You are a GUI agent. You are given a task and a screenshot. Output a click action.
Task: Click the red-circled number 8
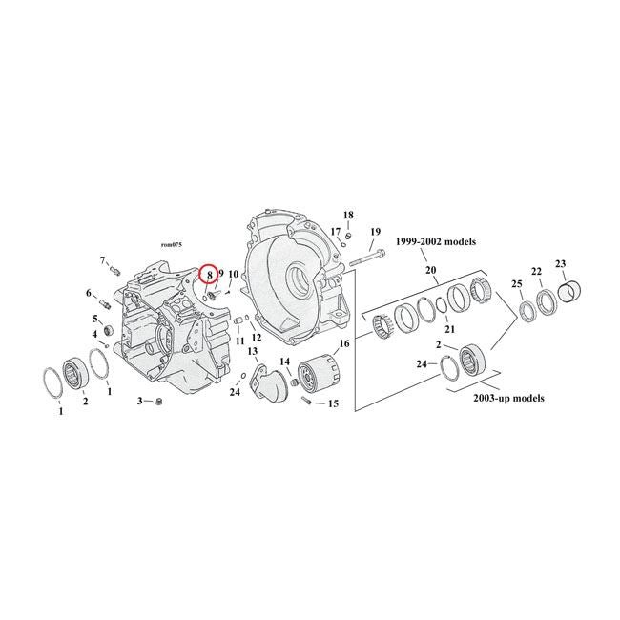pos(209,275)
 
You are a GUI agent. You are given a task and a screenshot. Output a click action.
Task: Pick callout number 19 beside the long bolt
pos(375,232)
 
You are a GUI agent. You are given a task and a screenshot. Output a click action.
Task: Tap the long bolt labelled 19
pos(367,258)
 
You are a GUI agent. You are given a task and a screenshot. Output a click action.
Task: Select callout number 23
pos(560,264)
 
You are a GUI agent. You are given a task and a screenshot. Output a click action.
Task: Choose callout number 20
pos(430,270)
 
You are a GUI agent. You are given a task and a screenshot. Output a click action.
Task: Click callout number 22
pos(537,271)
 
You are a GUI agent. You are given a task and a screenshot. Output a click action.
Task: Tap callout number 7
pos(103,259)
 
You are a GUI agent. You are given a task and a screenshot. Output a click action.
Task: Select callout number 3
pos(139,402)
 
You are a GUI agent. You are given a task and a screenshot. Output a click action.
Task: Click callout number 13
pos(253,352)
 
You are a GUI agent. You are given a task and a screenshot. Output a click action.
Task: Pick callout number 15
pos(333,404)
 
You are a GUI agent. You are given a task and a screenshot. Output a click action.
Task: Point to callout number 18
pos(348,215)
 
